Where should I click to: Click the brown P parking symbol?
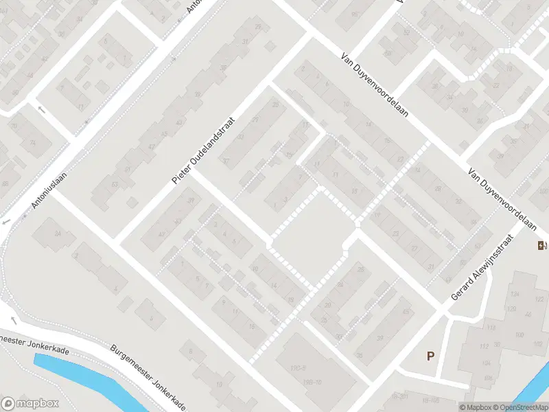[x=431, y=356]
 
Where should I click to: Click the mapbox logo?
[x=30, y=404]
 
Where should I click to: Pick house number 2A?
[x=58, y=234]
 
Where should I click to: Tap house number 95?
[x=355, y=14]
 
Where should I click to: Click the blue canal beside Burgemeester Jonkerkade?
[x=89, y=381]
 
